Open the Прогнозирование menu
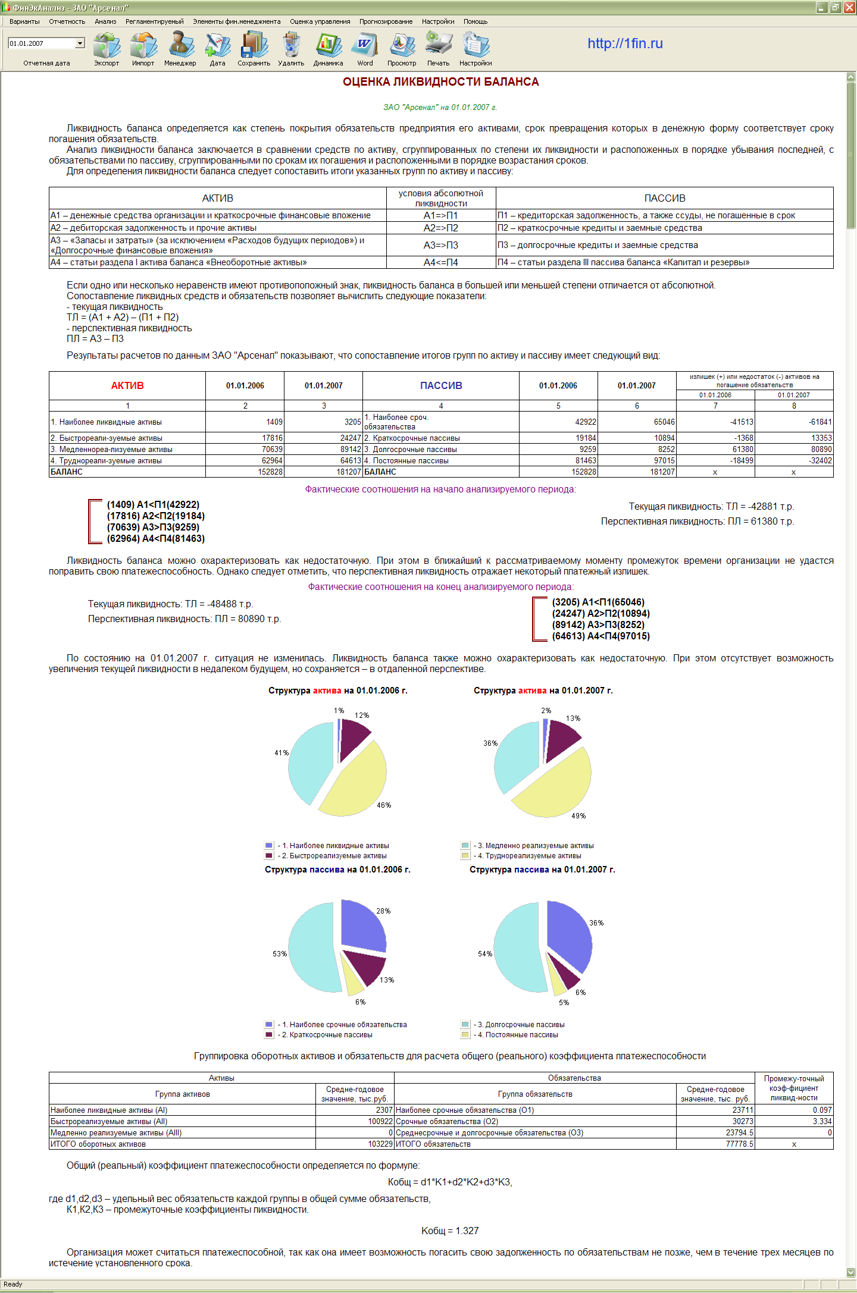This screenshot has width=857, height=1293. (x=386, y=21)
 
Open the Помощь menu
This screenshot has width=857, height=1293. (x=475, y=21)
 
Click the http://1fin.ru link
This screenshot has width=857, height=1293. (x=625, y=43)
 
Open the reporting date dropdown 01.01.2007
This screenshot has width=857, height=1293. (x=80, y=43)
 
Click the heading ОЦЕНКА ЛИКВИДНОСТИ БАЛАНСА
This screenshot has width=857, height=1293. (x=440, y=82)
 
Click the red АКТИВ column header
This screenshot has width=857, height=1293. (x=127, y=385)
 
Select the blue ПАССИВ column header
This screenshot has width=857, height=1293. (x=441, y=385)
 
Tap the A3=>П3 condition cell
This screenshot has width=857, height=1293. (x=440, y=245)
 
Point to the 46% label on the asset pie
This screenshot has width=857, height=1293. (x=384, y=805)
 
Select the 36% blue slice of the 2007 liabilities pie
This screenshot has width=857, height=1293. (x=568, y=934)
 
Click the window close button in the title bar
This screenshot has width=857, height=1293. (x=849, y=7)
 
